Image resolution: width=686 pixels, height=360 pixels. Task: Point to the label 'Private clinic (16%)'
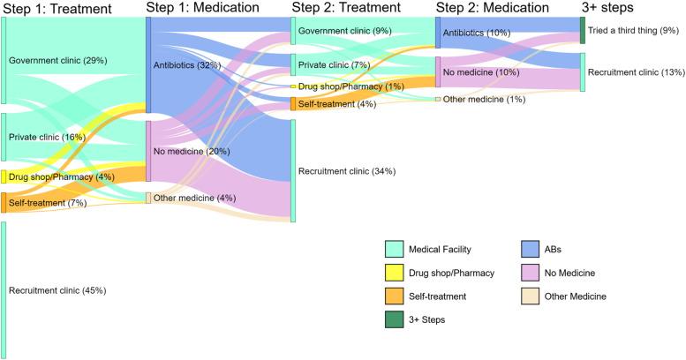click(x=47, y=138)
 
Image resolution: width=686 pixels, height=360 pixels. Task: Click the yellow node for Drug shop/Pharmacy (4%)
click(x=4, y=176)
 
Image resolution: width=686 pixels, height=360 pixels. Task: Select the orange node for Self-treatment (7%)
click(x=4, y=203)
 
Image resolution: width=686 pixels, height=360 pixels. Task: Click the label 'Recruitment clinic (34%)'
click(x=346, y=171)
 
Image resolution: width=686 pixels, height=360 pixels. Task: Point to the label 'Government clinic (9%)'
click(x=344, y=31)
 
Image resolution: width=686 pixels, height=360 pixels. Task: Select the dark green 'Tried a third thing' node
click(x=582, y=30)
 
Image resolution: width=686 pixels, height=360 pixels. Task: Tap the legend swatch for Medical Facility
click(x=394, y=250)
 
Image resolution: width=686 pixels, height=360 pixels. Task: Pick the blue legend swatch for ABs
click(x=532, y=250)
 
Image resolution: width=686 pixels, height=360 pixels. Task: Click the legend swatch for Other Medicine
click(x=532, y=296)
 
